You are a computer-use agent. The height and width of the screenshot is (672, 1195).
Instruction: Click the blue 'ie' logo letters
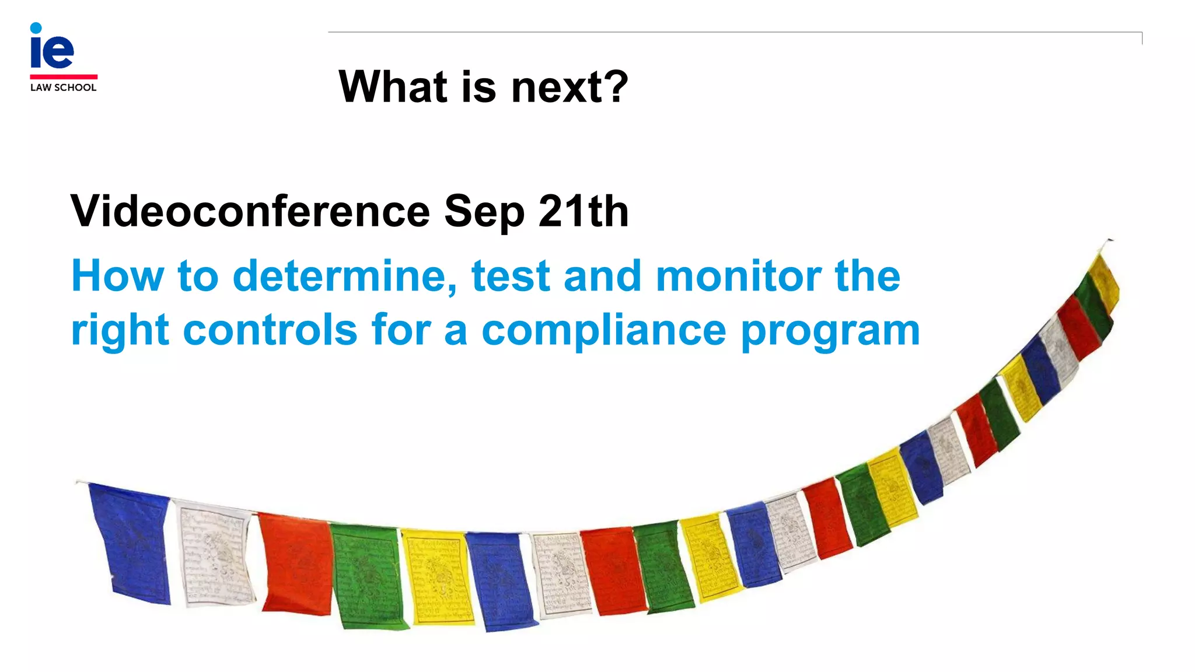(x=52, y=48)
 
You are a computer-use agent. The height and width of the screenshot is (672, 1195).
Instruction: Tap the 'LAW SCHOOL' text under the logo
(x=63, y=87)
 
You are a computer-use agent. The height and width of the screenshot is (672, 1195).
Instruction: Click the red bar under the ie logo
(x=64, y=76)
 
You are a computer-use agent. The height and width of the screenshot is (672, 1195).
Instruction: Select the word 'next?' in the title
(x=569, y=87)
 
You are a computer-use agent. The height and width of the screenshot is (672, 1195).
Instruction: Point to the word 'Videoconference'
(x=250, y=211)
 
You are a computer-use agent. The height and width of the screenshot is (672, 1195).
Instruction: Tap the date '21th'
(x=583, y=211)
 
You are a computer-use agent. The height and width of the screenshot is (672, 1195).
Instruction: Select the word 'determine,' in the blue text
(x=345, y=276)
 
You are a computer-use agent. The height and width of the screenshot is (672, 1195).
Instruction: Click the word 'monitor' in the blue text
(x=738, y=276)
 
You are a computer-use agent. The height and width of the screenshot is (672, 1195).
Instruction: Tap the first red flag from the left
(x=295, y=563)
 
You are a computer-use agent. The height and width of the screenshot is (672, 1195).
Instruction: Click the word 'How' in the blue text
(x=117, y=276)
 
